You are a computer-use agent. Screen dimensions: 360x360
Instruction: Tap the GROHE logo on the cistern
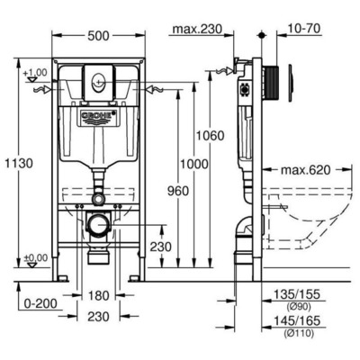point(98,118)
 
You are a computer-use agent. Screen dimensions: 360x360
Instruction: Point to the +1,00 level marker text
point(34,72)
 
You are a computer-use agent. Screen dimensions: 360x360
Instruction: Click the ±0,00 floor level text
point(35,258)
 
